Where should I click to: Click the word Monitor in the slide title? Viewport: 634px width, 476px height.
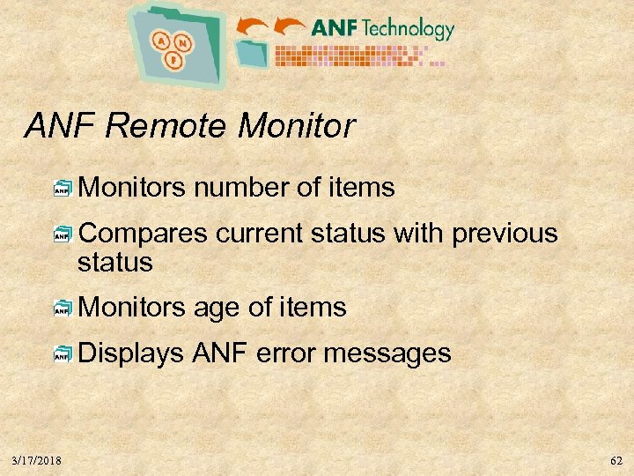pos(296,126)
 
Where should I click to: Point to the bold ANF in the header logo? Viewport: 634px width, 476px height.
pos(335,28)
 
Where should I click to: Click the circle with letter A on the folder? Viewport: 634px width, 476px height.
pos(161,40)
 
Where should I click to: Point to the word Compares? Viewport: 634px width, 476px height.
pos(144,234)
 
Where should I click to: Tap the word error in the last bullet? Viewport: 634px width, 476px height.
pos(286,353)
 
